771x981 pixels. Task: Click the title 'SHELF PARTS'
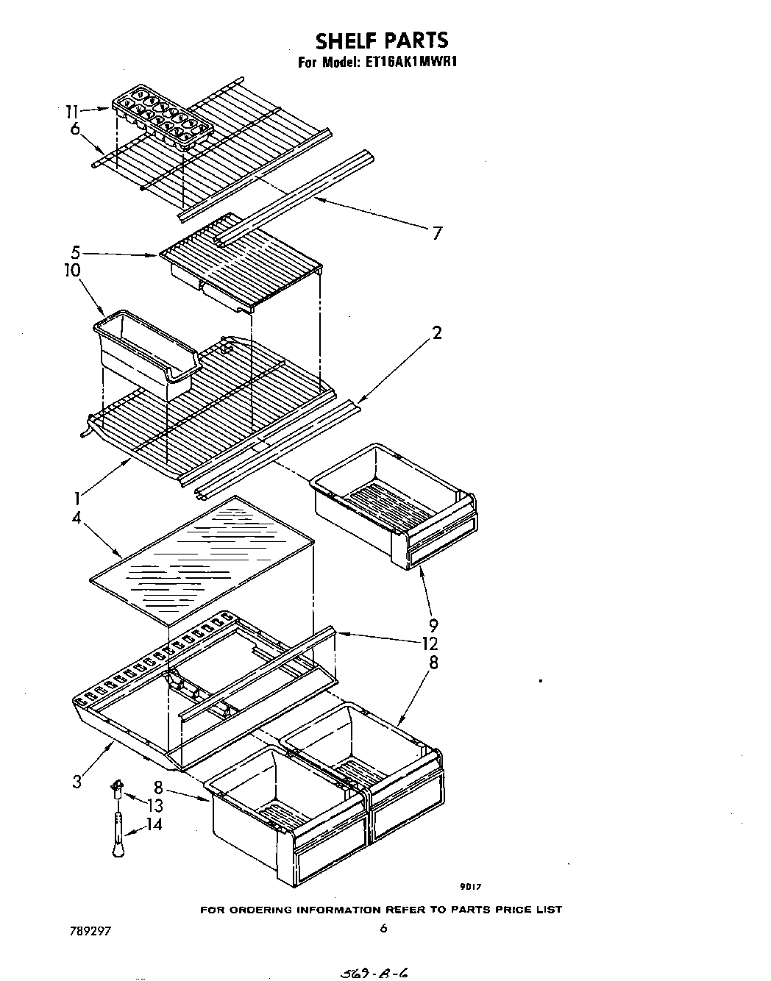382,40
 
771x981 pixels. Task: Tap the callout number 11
71,111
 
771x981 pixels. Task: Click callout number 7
437,233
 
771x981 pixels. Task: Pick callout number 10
72,270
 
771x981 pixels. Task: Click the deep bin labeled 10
143,354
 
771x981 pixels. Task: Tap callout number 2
437,333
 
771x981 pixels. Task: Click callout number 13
154,805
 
